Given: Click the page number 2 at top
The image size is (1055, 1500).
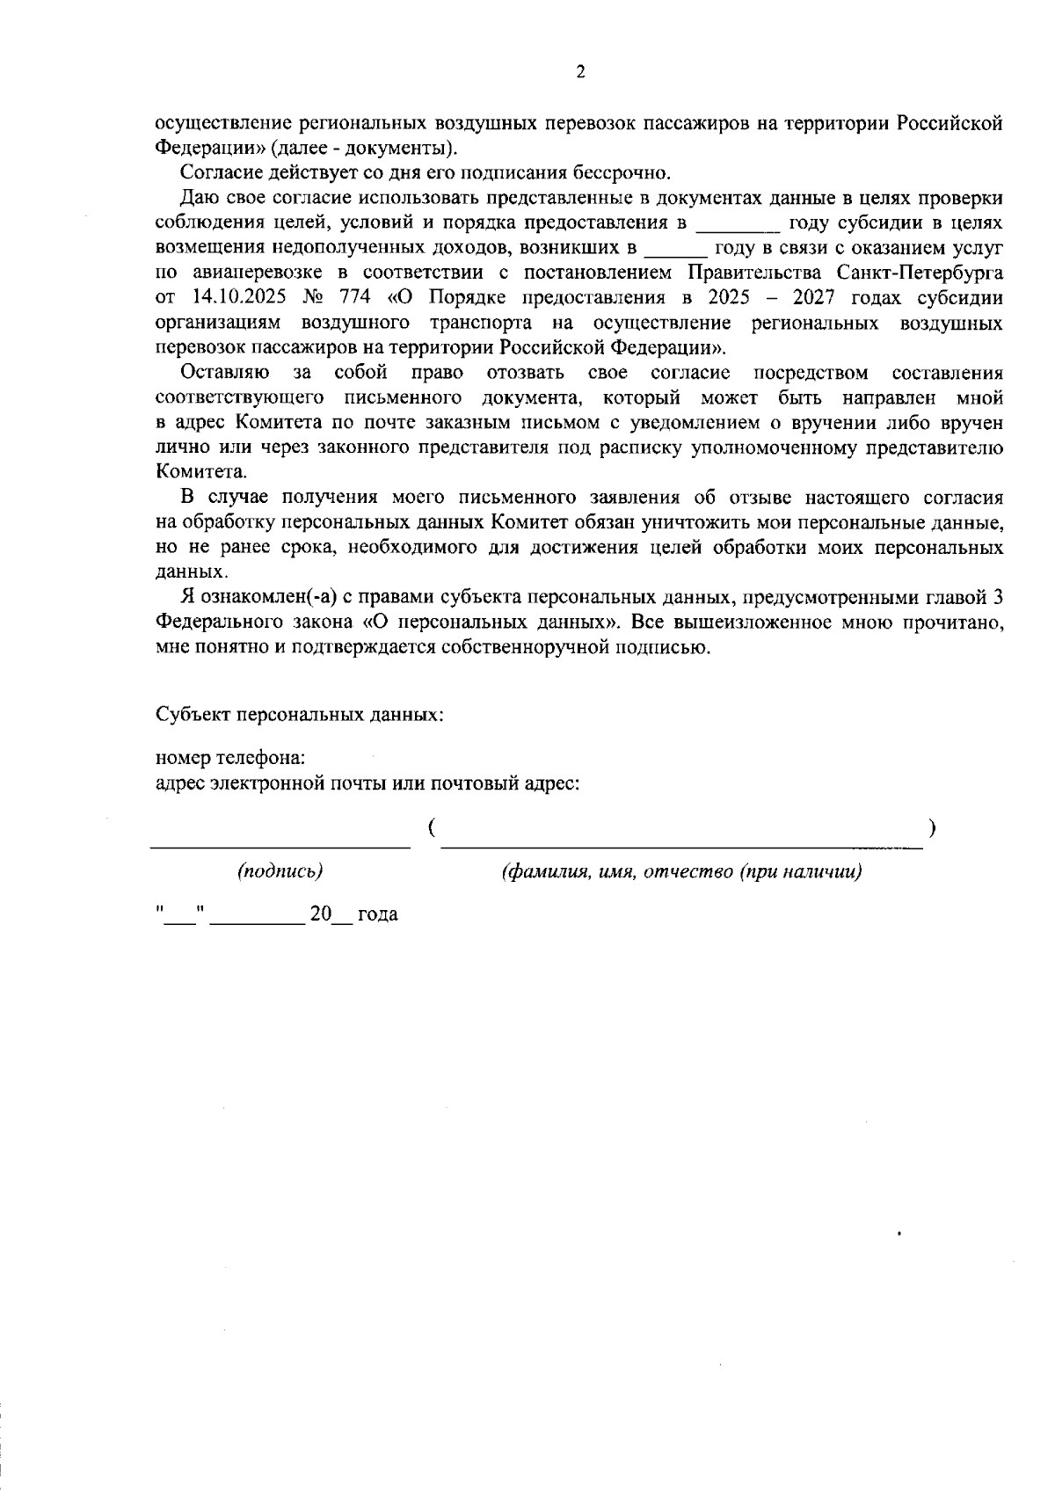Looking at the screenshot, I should pos(579,73).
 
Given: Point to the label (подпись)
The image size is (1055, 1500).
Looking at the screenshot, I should pos(280,871).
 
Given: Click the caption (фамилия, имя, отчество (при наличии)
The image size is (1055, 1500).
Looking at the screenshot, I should pos(681,871).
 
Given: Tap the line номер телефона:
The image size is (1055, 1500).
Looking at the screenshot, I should pos(230,758).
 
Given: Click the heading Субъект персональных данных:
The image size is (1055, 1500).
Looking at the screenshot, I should pos(299,714).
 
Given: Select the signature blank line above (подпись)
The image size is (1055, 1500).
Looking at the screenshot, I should pos(280,846).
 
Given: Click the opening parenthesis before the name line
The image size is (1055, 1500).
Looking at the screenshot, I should pos(433,827).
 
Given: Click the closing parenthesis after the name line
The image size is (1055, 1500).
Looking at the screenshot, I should pos(931,827).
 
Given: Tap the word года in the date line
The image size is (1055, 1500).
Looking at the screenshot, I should pos(377,914).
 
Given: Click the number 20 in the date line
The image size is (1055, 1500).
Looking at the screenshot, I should pos(320,914).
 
